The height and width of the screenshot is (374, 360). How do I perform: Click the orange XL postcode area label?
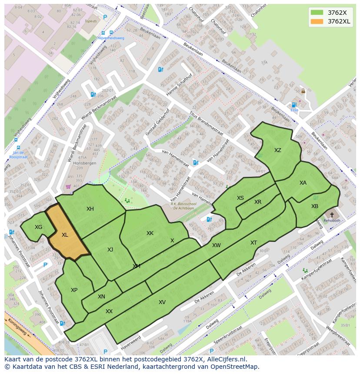point(65,235)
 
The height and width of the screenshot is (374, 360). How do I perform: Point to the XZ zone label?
point(277,150)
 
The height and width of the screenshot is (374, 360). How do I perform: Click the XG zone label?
point(39,227)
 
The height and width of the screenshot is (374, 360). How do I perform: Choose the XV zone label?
point(162,302)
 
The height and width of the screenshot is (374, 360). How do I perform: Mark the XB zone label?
point(314,206)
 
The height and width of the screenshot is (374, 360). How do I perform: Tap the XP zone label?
point(74,290)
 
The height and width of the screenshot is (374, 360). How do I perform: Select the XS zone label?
point(240,198)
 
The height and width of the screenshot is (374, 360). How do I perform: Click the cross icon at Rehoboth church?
point(332,215)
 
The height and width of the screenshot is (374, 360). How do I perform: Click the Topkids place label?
point(90,20)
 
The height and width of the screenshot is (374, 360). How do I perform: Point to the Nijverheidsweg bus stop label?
point(111,38)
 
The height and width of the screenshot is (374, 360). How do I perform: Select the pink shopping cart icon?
point(68,187)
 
